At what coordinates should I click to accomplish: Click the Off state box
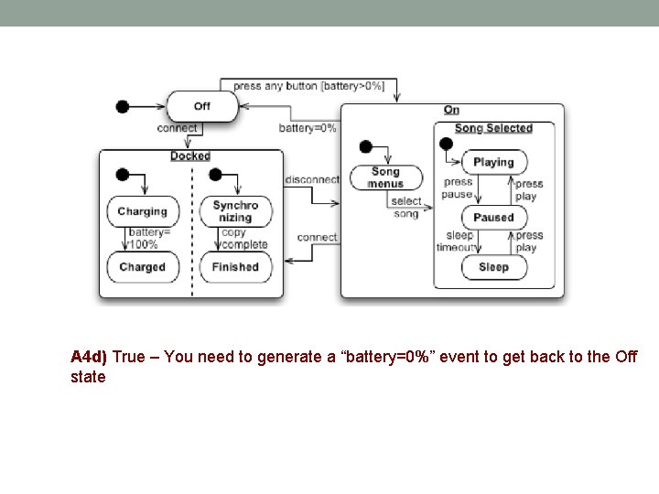[x=201, y=106]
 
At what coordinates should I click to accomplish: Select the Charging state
[x=142, y=211]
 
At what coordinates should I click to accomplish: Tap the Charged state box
[x=142, y=267]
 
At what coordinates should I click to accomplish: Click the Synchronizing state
[x=235, y=211]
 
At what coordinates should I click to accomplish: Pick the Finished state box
[x=235, y=267]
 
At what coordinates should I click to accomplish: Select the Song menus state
[x=385, y=177]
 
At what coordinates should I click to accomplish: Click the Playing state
[x=493, y=162]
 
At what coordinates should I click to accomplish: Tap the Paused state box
[x=493, y=218]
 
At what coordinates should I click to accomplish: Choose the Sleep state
[x=493, y=267]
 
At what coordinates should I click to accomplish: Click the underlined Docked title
[x=190, y=156]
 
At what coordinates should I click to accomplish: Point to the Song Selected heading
[x=493, y=129]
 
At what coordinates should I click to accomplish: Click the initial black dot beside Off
[x=123, y=106]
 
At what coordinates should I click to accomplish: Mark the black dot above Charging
[x=123, y=175]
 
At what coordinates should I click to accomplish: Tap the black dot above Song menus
[x=365, y=146]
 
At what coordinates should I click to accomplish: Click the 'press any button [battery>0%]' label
[x=308, y=86]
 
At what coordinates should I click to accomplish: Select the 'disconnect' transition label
[x=312, y=179]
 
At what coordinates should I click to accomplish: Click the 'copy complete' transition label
[x=243, y=239]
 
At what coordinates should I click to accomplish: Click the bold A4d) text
[x=89, y=357]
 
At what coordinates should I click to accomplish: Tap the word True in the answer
[x=128, y=357]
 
